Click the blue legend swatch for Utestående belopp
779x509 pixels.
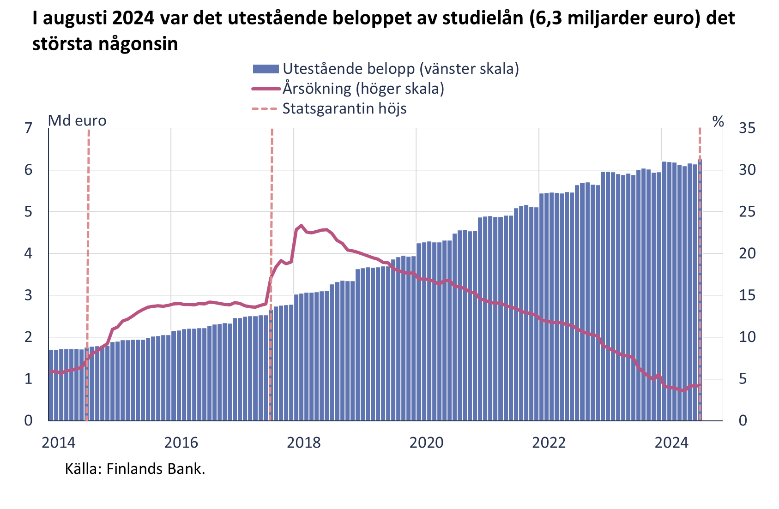point(266,69)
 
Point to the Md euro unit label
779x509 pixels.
point(77,121)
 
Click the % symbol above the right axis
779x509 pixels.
point(718,121)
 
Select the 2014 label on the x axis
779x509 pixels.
point(59,443)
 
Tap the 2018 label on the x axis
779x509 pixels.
point(303,443)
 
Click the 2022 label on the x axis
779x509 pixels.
point(549,443)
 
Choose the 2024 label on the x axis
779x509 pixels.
point(671,443)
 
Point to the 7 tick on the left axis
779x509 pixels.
point(29,128)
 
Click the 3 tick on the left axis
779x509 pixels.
point(29,295)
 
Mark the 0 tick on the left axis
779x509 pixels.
point(29,420)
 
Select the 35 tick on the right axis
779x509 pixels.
point(747,128)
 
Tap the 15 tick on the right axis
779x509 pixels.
point(747,295)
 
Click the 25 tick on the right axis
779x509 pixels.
point(747,212)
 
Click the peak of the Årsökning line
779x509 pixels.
point(302,226)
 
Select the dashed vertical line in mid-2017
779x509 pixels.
point(272,208)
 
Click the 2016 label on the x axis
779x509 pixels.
point(181,443)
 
